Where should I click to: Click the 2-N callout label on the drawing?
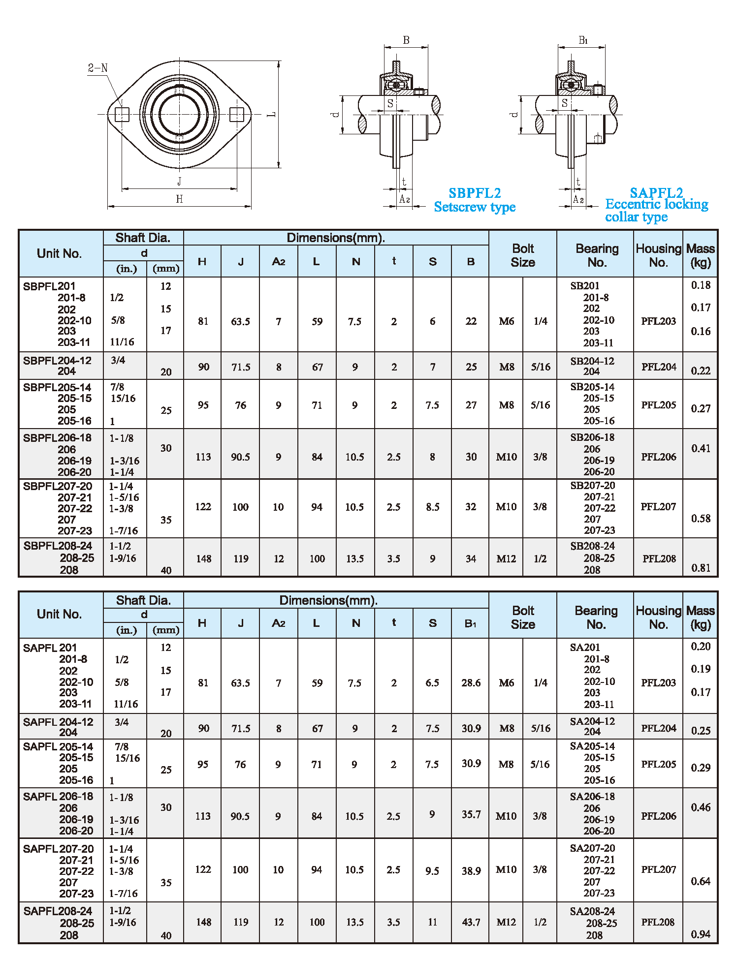pos(97,68)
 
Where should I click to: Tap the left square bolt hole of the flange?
pos(122,115)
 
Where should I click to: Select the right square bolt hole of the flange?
pos(237,115)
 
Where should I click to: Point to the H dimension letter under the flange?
pos(179,199)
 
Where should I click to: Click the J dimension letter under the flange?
pos(179,181)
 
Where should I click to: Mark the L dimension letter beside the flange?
pos(271,115)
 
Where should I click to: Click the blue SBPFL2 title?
pos(475,193)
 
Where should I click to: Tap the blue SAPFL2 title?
pos(656,192)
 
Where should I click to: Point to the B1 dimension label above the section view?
pos(583,40)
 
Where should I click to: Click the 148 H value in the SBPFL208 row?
pos(203,558)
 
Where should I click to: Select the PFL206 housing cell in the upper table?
pos(658,457)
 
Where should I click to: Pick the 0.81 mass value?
pos(701,568)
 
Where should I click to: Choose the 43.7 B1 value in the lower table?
pos(471,922)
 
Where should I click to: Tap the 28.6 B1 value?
pos(471,682)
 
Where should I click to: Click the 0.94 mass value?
pos(701,934)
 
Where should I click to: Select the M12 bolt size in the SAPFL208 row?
pos(506,922)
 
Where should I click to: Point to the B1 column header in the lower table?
pos(470,623)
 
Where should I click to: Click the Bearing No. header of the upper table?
pos(597,255)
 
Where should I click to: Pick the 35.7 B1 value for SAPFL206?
pos(471,814)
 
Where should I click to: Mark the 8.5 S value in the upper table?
pos(432,507)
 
